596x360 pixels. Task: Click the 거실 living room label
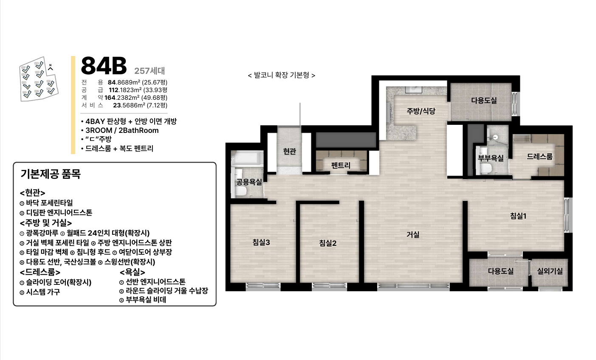click(413, 234)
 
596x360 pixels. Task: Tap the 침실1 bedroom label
click(518, 216)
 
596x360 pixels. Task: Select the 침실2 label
click(328, 243)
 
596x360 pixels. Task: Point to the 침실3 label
click(261, 242)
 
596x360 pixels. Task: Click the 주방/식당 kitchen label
click(421, 111)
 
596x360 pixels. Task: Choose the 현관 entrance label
click(289, 151)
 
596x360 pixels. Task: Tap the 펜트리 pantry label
click(341, 165)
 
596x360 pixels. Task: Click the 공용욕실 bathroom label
click(249, 182)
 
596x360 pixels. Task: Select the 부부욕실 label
click(491, 158)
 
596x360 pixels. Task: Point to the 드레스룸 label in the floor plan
click(540, 156)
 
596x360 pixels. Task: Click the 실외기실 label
click(550, 271)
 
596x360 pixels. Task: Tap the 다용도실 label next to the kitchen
click(484, 101)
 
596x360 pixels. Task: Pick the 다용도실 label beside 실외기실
click(500, 271)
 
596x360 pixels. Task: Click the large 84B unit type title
click(104, 66)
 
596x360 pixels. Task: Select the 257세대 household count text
click(150, 71)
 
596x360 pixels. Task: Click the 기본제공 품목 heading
click(51, 174)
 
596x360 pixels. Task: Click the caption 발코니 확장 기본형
click(281, 75)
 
